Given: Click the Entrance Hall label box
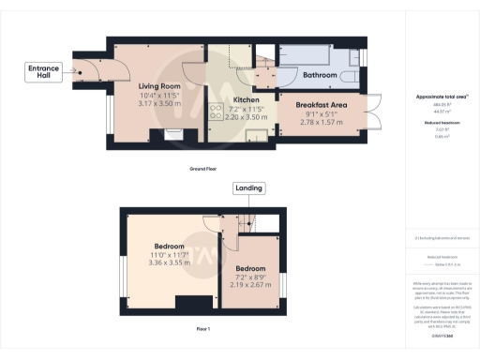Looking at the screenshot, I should [44, 72].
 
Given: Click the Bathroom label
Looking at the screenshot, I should [321, 74].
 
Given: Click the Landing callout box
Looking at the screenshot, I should [249, 188].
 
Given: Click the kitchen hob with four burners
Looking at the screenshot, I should [214, 112].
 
